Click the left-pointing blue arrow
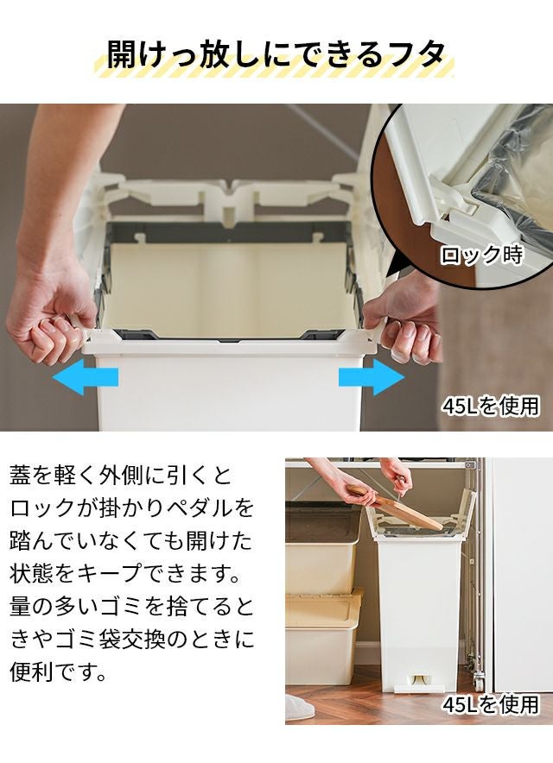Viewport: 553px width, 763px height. click(x=85, y=376)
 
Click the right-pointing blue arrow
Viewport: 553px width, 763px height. click(x=372, y=376)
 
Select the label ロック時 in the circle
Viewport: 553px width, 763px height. click(x=481, y=255)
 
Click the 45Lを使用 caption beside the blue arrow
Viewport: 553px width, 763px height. click(x=491, y=407)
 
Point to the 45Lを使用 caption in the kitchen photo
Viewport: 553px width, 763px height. click(x=491, y=704)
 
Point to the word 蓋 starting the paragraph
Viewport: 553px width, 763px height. click(x=21, y=475)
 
